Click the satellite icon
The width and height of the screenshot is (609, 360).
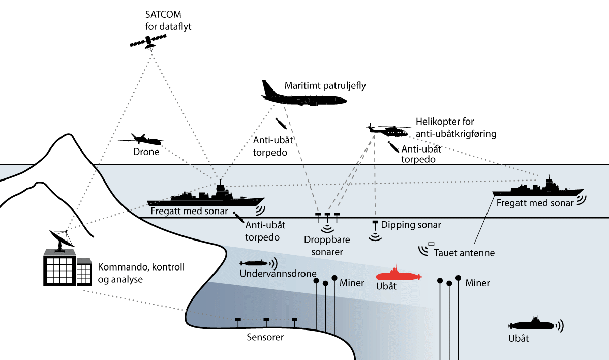148,42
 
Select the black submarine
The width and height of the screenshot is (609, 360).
531,324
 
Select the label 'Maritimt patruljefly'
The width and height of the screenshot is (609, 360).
325,85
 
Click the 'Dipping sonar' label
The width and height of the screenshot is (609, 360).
411,224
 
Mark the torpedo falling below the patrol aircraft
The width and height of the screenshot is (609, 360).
280,124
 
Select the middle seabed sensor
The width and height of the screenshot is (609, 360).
266,320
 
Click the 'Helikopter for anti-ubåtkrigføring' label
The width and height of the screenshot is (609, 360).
455,128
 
